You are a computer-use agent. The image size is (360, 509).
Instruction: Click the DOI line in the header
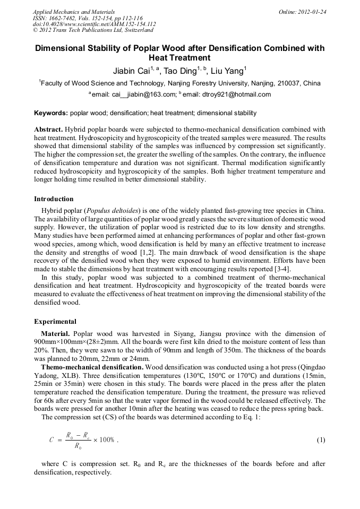[94, 24]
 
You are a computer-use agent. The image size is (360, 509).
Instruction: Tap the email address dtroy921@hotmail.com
[237, 95]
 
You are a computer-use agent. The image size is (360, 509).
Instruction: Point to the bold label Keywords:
[51, 113]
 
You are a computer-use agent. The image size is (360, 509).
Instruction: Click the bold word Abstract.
[48, 130]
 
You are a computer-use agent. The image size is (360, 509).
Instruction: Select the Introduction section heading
[54, 199]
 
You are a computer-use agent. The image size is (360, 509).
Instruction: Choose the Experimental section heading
[55, 321]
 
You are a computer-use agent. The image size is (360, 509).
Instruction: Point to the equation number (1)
[321, 441]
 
